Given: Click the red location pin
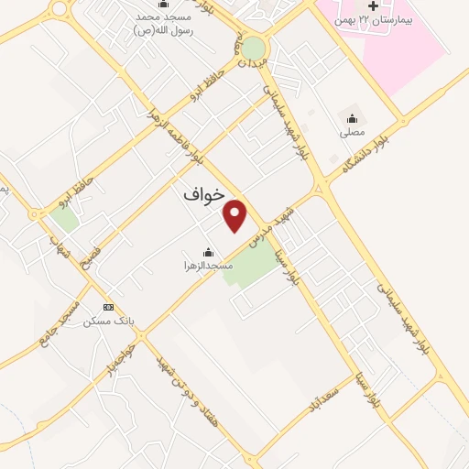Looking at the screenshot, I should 236,215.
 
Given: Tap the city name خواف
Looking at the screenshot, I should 203,195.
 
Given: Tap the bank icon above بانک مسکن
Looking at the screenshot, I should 109,307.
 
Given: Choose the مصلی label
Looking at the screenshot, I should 352,132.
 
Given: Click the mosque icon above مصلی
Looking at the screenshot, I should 352,117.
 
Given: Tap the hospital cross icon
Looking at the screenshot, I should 374,6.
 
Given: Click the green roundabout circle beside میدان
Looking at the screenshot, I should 254,47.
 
